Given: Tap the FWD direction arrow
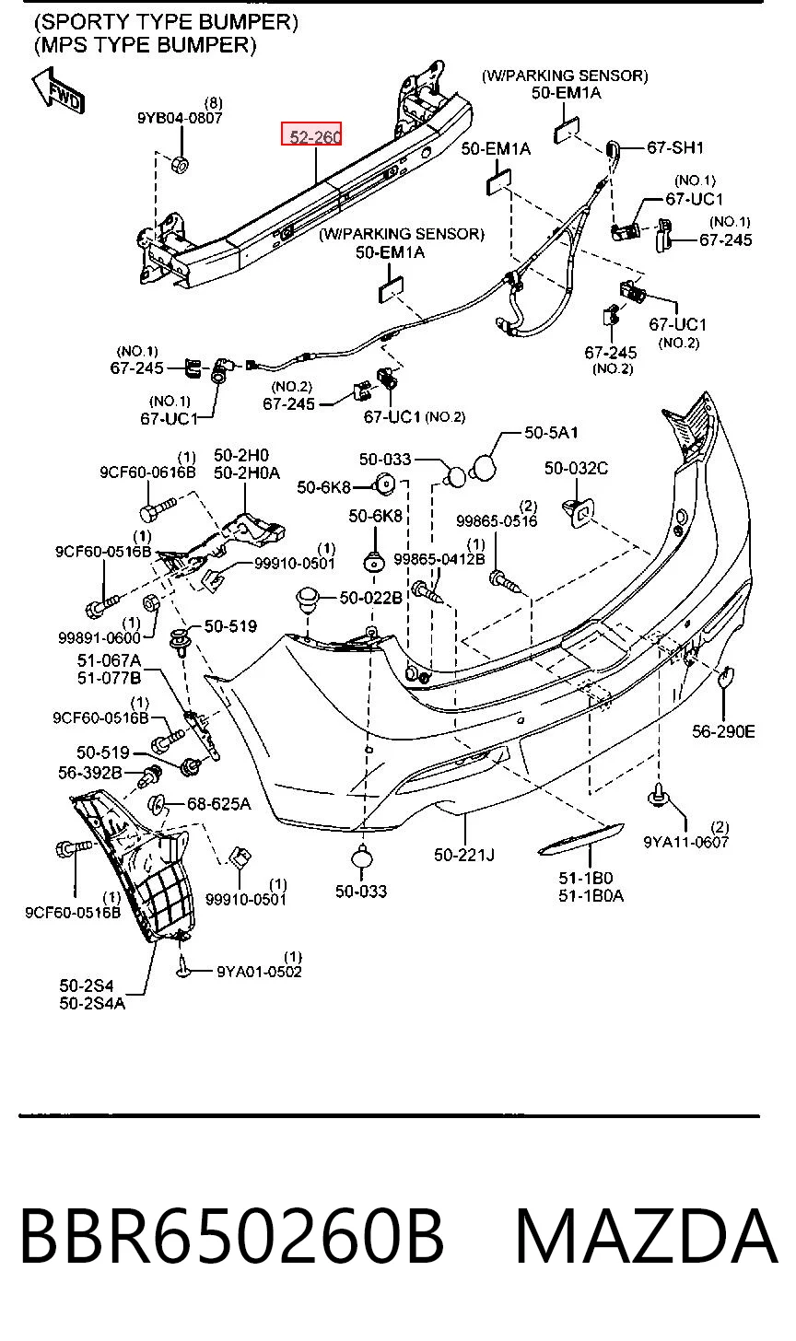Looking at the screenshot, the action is point(58,91).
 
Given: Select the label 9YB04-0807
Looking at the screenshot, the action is point(180,118).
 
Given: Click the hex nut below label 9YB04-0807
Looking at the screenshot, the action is point(180,163).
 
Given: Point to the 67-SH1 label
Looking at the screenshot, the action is point(675,147).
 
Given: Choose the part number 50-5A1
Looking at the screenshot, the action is point(551,432).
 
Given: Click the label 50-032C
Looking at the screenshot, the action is point(576,468).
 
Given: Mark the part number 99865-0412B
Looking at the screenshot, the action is point(439,559).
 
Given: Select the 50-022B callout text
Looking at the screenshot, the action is point(370,598).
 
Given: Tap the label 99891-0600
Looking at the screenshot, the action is point(99,638).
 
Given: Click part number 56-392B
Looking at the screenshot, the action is point(90,773).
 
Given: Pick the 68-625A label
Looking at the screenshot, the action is point(218,804).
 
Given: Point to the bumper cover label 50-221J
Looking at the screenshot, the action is point(464,855).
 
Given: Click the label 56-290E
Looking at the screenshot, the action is point(723,731).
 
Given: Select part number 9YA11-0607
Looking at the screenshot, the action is point(685,842).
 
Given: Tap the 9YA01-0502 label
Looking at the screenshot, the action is point(259,971).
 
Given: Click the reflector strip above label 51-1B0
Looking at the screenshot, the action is point(580,839).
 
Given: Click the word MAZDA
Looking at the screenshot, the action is point(646,1236).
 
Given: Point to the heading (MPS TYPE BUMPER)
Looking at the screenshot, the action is point(146,45).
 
